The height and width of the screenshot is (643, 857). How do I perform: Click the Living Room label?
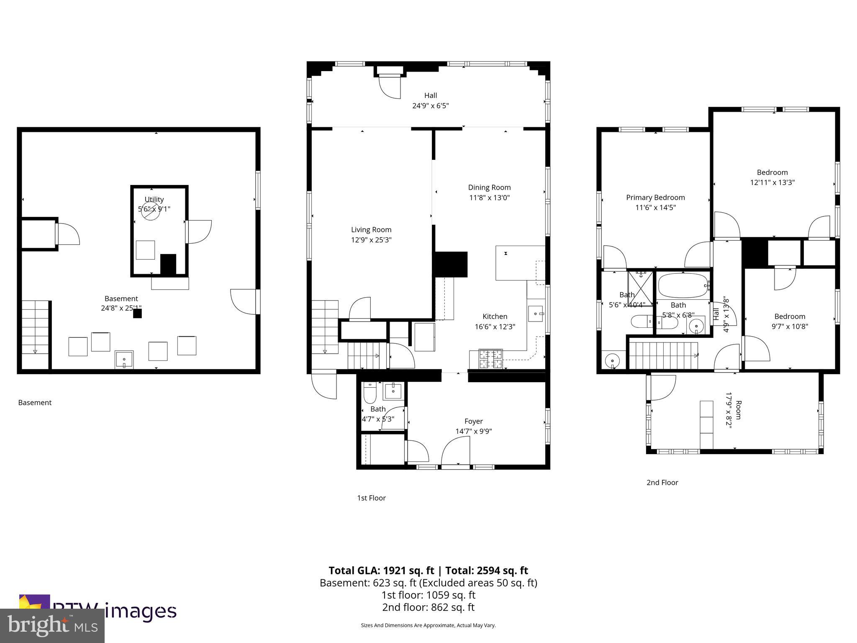(x=371, y=229)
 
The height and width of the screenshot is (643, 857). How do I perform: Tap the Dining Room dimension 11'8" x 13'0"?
(x=489, y=198)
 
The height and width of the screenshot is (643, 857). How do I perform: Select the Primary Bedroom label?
(x=655, y=197)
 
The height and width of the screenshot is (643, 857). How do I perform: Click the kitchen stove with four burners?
(x=490, y=359)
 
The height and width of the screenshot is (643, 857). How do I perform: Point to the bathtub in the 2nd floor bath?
(x=682, y=285)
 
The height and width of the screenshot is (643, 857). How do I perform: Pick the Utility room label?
(x=154, y=199)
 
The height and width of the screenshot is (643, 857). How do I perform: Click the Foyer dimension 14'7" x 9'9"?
(x=473, y=431)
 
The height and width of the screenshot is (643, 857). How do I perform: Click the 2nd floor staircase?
(x=663, y=355)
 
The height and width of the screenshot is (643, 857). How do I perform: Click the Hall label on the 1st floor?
(x=431, y=95)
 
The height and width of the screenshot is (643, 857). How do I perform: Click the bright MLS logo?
(x=52, y=626)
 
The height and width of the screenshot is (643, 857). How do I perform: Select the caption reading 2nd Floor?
(x=662, y=482)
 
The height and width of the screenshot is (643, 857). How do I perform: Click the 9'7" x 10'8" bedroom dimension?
(x=789, y=327)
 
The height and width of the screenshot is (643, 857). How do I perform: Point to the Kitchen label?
(x=495, y=316)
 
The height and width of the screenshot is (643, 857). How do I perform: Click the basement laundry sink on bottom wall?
(x=124, y=360)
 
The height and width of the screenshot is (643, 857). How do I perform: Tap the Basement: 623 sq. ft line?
(x=428, y=583)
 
